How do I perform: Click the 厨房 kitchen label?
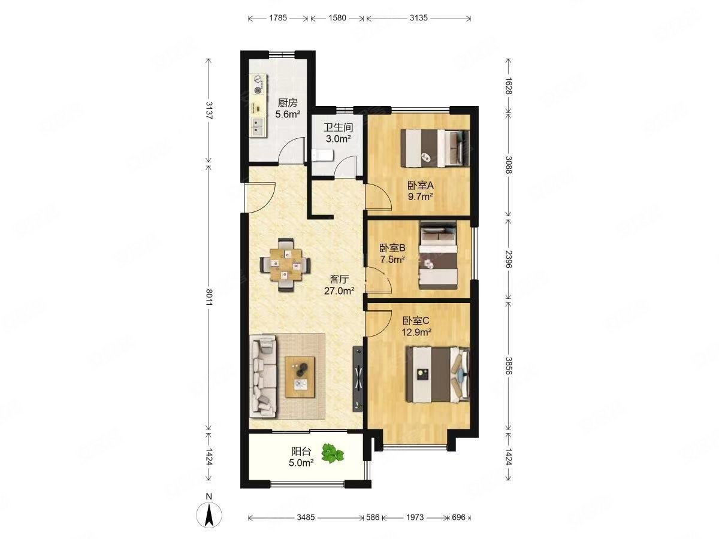(287, 103)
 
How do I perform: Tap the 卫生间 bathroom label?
(339, 127)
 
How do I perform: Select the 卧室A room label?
(420, 186)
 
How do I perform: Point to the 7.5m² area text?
(392, 259)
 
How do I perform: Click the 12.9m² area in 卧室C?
(416, 332)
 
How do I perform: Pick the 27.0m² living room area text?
(339, 290)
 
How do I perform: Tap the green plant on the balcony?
(332, 453)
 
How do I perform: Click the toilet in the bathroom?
(322, 156)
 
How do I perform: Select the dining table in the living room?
(285, 265)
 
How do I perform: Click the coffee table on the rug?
(300, 377)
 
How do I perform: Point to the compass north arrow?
(209, 518)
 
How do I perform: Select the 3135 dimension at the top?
(418, 18)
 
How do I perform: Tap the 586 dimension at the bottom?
(373, 517)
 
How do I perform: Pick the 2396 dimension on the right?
(508, 259)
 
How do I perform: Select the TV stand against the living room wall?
(358, 378)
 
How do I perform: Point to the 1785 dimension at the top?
(278, 18)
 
